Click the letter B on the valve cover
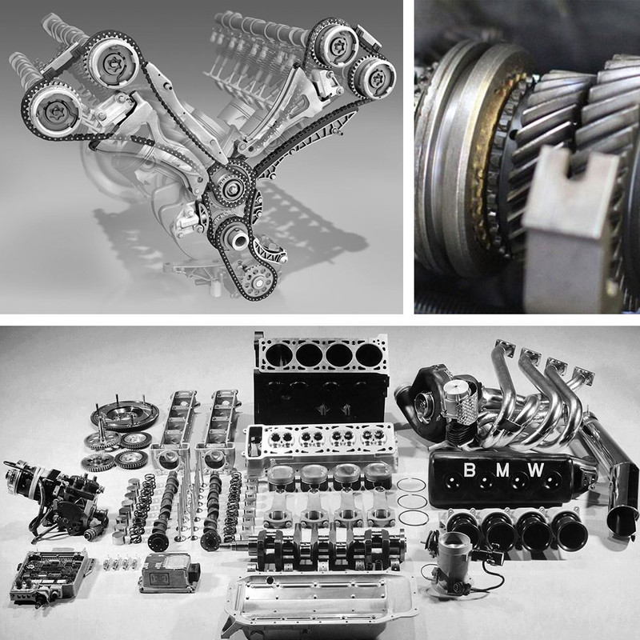pos(470,470)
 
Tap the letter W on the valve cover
pos(535,470)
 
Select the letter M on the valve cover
pos(502,470)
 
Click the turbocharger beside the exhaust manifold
pos(429,392)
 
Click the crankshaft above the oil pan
pos(323,549)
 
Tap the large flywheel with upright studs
pos(126,415)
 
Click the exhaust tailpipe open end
pos(622,522)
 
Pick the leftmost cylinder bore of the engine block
pos(280,354)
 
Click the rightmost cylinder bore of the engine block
pos(369,354)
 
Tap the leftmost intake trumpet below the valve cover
pos(464,527)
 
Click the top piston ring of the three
pos(411,485)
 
